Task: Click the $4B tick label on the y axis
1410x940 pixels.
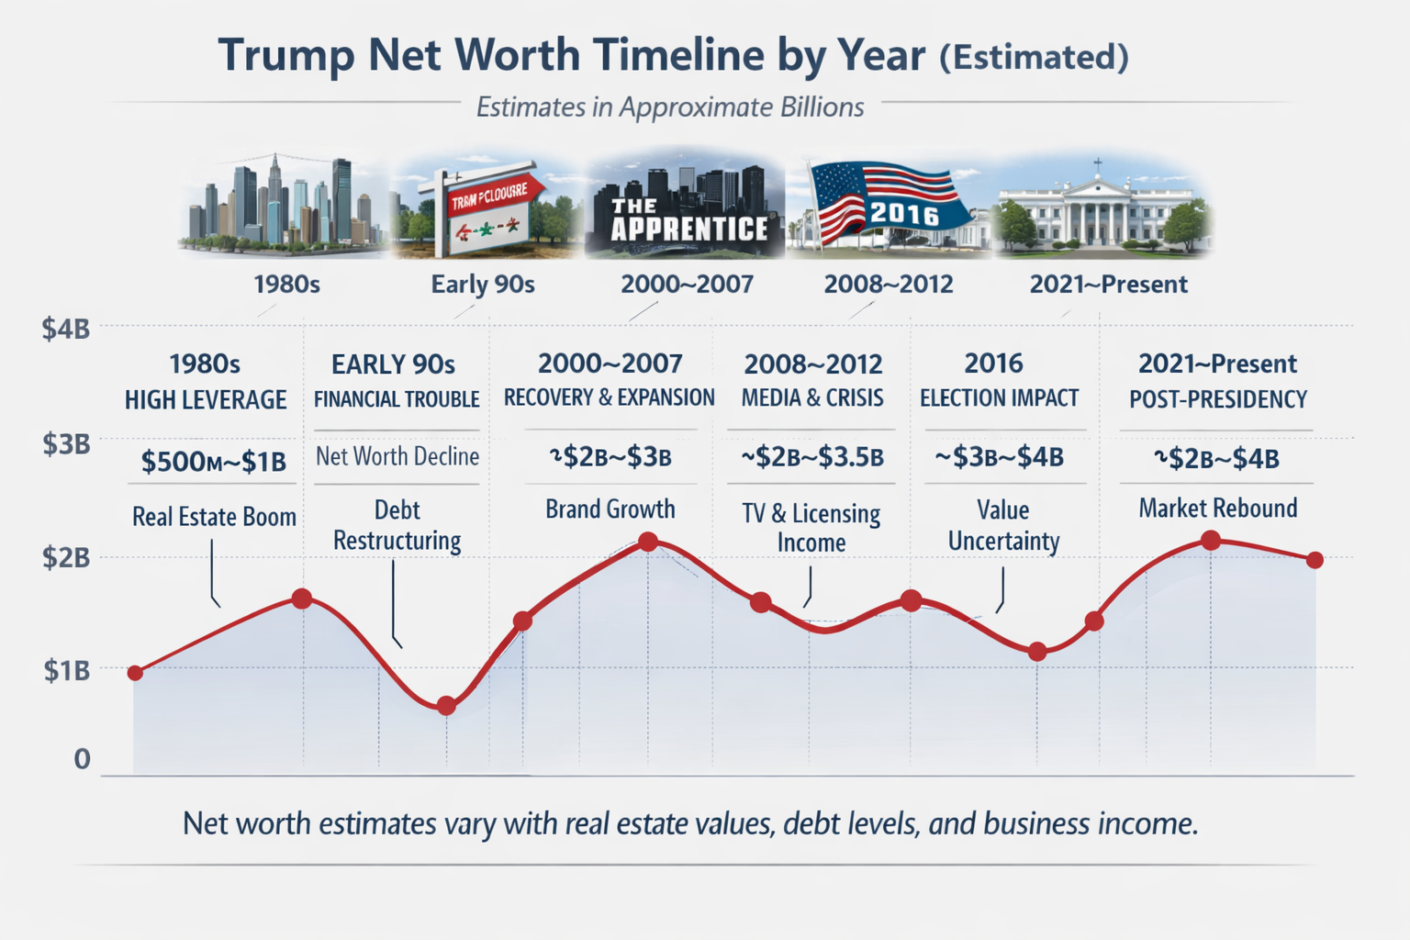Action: [x=65, y=329]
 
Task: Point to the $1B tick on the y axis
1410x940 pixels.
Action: [x=66, y=671]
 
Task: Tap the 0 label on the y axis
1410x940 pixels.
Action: [x=83, y=759]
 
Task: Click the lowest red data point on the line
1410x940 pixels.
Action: [x=446, y=705]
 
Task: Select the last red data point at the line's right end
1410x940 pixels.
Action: [x=1315, y=560]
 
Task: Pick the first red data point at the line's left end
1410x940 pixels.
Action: [x=135, y=673]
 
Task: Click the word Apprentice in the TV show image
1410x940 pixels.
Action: [x=689, y=229]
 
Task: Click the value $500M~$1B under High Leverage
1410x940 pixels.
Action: [x=213, y=461]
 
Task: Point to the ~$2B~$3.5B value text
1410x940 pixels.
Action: [x=812, y=457]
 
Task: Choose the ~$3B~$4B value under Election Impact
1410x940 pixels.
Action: [x=1000, y=457]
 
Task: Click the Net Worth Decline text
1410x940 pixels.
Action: [x=397, y=456]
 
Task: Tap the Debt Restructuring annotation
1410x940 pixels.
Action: [x=397, y=525]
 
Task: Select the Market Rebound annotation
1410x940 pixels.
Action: [x=1217, y=508]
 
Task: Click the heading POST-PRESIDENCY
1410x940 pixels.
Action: [x=1217, y=399]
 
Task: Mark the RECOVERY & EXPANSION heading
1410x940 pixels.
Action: [x=609, y=397]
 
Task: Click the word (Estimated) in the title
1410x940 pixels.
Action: [x=1034, y=57]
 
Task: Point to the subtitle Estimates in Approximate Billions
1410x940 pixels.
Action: [x=669, y=107]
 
